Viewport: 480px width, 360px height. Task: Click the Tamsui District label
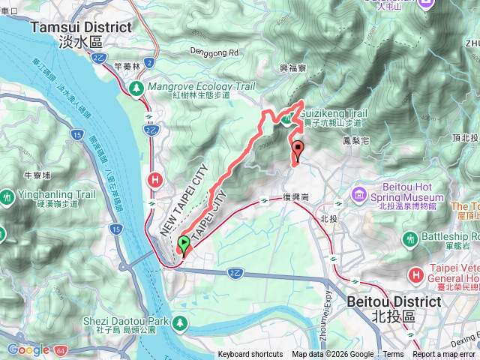pos(81,27)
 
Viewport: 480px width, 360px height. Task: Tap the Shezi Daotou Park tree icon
pos(180,322)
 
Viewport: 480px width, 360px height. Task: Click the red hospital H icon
pos(156,180)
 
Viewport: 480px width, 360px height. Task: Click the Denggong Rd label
pos(212,54)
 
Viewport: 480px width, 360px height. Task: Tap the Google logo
pos(28,349)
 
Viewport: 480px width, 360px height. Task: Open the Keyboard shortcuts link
pos(250,355)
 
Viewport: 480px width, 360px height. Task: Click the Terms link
pos(392,355)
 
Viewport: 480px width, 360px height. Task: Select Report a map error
pos(445,355)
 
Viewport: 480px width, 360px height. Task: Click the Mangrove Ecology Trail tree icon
pos(136,88)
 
